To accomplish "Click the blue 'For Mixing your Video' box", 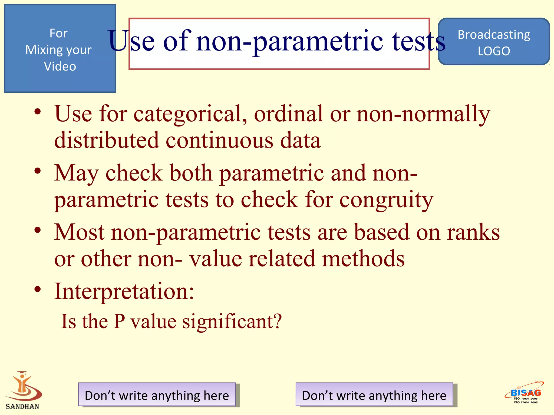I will [x=60, y=49].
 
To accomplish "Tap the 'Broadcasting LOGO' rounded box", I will [x=494, y=42].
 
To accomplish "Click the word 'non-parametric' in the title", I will [x=289, y=41].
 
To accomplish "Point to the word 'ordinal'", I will [x=288, y=113].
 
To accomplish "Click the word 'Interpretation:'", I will [x=124, y=292].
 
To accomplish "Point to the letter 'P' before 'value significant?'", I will [x=119, y=321].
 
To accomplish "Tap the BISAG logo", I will [x=525, y=393].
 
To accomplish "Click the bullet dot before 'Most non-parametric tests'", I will [x=38, y=230].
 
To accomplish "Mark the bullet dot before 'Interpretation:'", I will [x=38, y=289].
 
